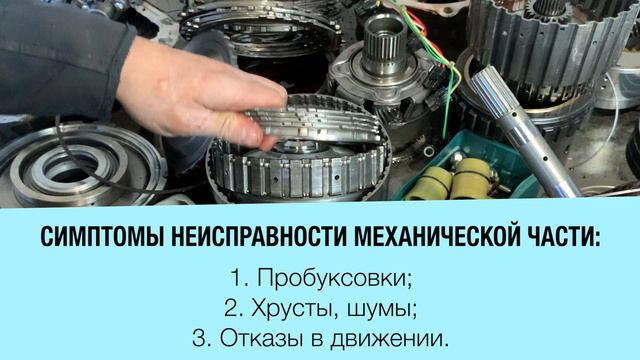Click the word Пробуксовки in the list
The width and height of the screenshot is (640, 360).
pyautogui.click(x=334, y=278)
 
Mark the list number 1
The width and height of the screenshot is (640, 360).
pyautogui.click(x=239, y=278)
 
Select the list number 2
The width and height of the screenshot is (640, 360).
pyautogui.click(x=234, y=309)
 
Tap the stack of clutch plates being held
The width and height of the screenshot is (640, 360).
pyautogui.click(x=314, y=119)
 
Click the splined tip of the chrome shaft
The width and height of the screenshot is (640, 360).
pyautogui.click(x=492, y=87)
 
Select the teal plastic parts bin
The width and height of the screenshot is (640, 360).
pyautogui.click(x=465, y=167)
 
